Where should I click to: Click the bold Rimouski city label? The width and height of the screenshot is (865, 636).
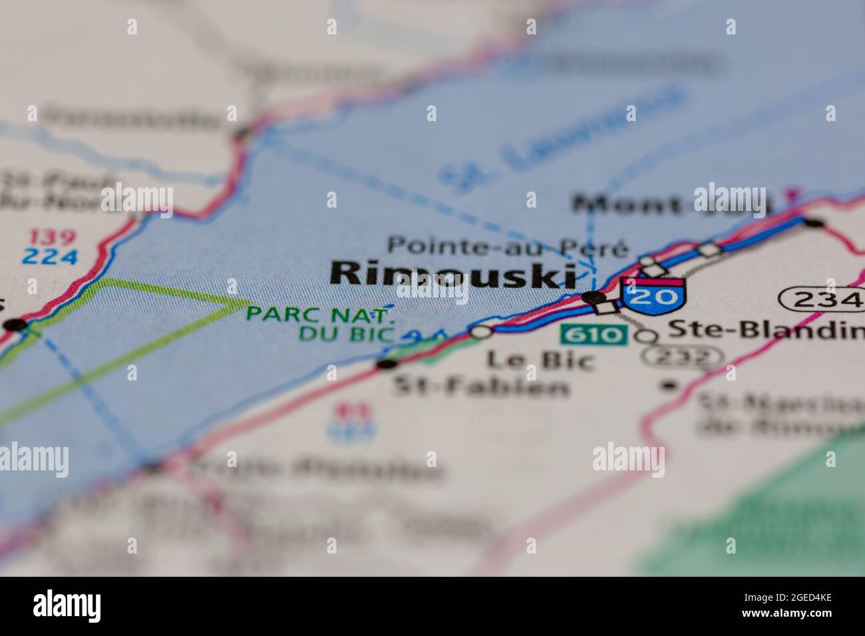[444, 274]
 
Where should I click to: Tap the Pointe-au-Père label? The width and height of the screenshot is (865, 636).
[508, 247]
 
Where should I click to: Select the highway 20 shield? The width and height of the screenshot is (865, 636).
[653, 297]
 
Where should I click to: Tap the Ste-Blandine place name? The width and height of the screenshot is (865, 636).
[765, 329]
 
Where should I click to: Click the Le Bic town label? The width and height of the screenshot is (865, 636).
[540, 359]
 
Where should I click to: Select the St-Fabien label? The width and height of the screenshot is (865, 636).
[482, 386]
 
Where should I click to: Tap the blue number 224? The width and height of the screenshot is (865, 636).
[50, 256]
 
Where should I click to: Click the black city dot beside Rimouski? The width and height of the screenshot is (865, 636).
[592, 297]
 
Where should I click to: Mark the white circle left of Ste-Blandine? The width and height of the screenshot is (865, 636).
[645, 336]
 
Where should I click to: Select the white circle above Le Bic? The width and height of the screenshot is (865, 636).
[481, 331]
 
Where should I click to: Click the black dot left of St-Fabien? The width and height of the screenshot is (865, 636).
[385, 364]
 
